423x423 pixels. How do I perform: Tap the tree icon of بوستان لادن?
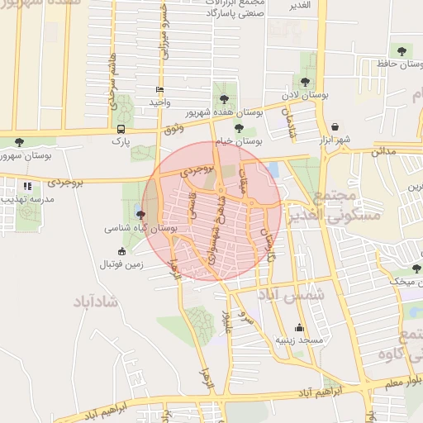[x=306, y=81]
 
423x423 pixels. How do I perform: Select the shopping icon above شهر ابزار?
[x=335, y=126]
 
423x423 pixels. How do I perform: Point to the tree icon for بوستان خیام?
[x=239, y=127]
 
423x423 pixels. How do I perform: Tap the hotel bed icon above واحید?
[x=159, y=89]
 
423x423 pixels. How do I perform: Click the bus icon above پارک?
[x=121, y=129]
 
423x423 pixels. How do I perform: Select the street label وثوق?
[x=173, y=128]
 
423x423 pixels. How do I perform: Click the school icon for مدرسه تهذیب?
[x=28, y=187]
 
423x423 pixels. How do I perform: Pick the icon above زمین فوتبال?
[x=121, y=251]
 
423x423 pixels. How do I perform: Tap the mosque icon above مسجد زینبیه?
[x=298, y=327]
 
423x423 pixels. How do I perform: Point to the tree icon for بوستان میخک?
[x=416, y=269]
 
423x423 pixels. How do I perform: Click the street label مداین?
[x=384, y=152]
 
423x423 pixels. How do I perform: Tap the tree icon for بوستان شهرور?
[x=19, y=142]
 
